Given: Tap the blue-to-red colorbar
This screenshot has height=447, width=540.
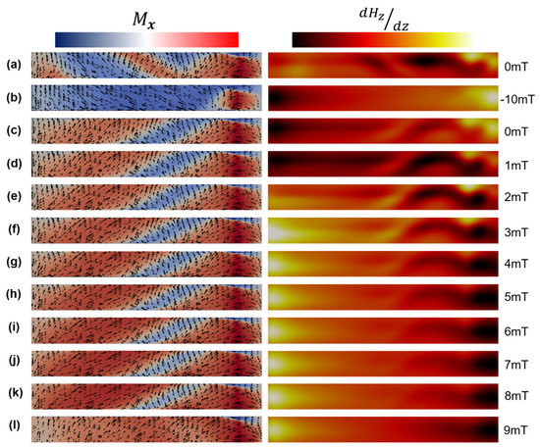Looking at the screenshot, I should [147, 38].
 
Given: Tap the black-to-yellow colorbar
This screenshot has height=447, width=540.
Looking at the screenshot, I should [382, 38].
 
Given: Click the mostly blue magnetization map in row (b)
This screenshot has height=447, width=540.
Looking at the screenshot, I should [146, 98].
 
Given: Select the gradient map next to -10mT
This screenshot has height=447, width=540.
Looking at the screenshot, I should [383, 98].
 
